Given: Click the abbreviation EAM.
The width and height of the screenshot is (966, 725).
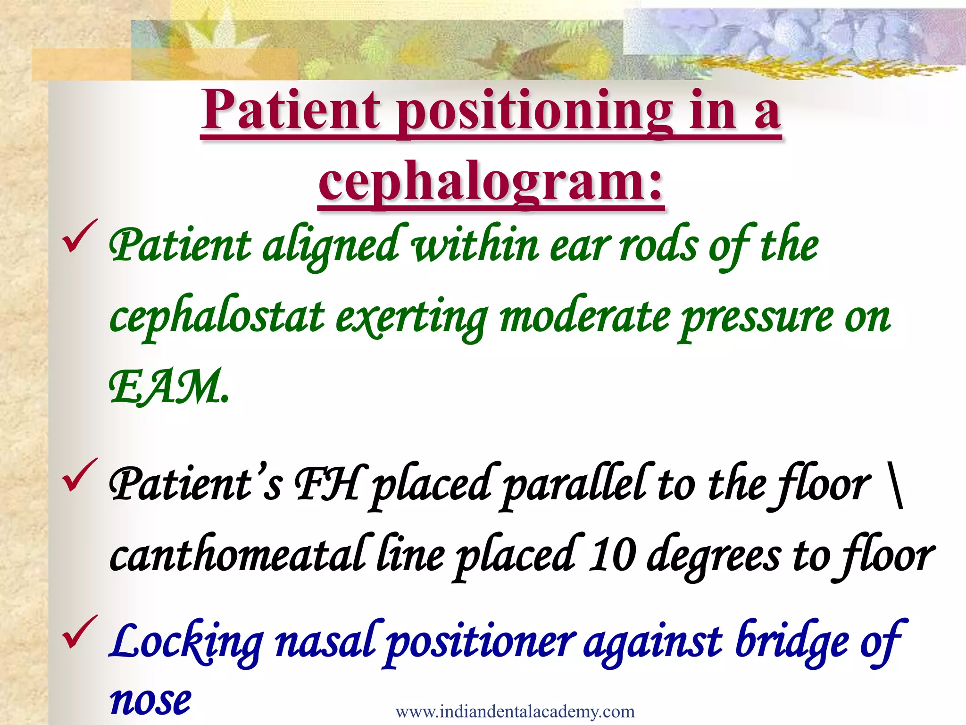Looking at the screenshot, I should coord(168,388).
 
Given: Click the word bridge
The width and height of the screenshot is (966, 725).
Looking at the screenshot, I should coord(792,642).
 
